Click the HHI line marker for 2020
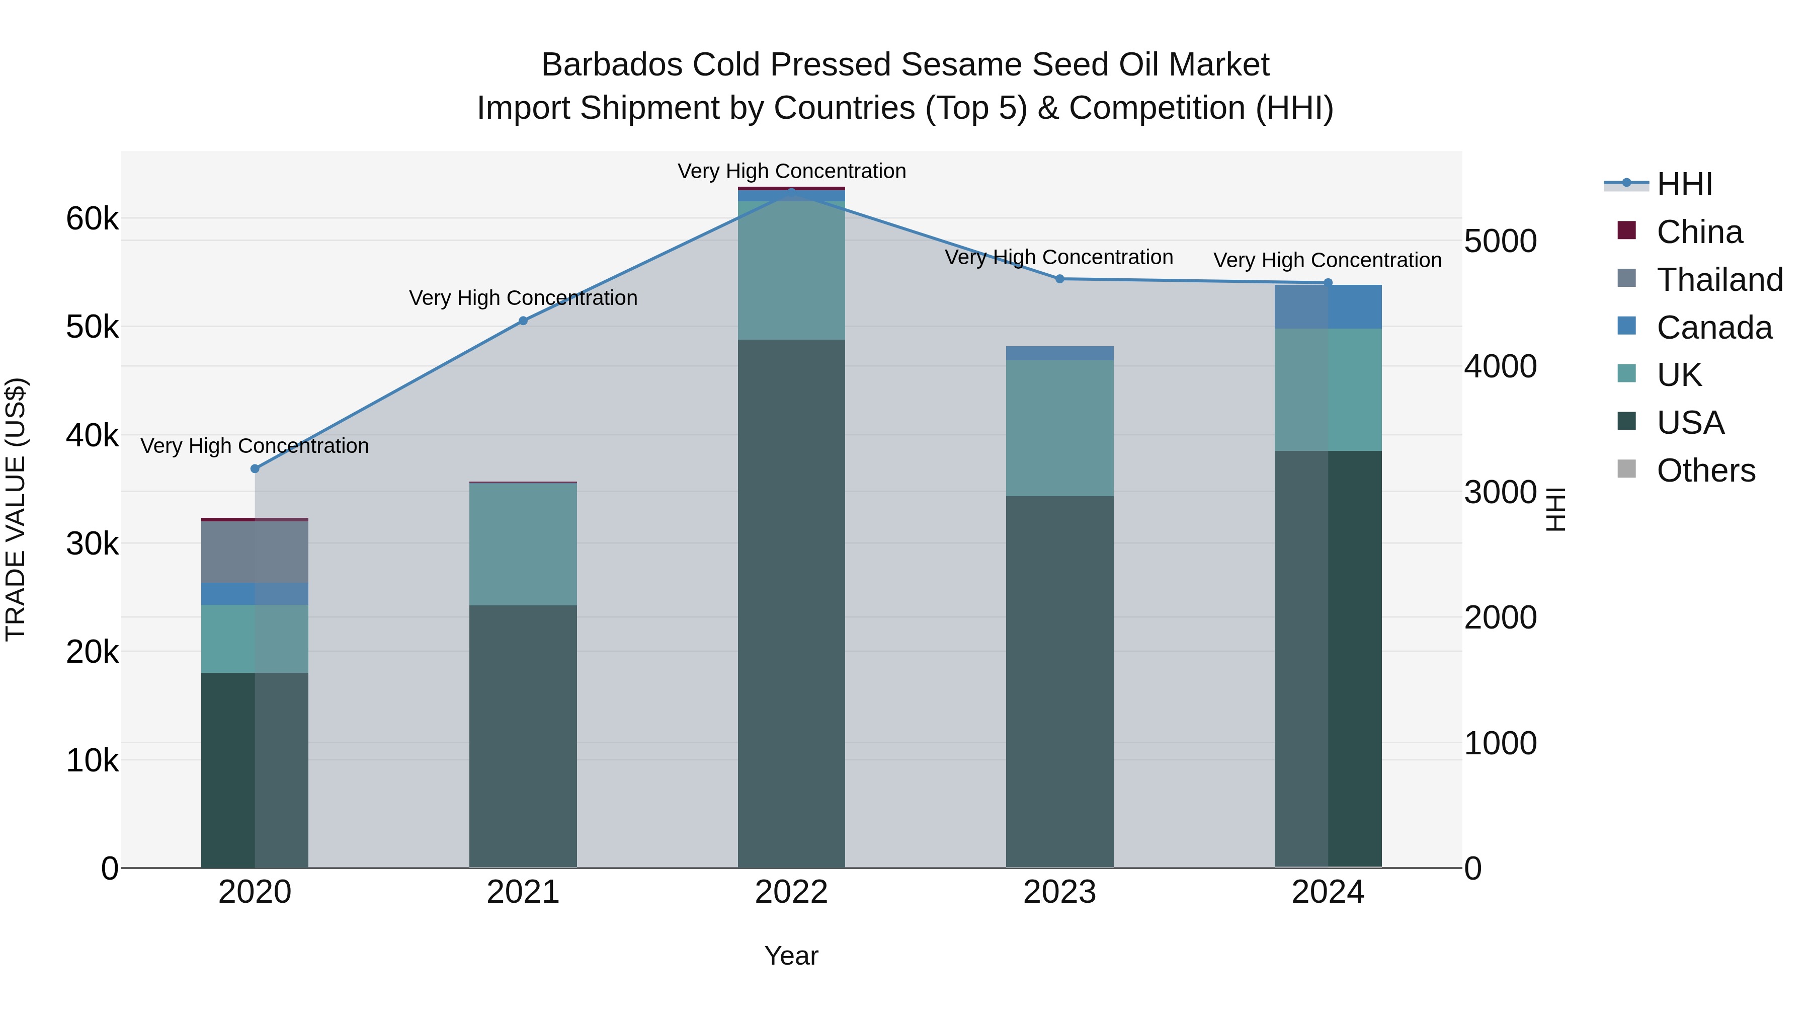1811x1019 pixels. click(255, 468)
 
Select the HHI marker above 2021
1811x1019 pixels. click(523, 321)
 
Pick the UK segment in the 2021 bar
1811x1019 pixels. click(523, 544)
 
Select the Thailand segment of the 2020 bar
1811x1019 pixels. click(255, 552)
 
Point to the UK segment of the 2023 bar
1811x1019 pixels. click(1060, 428)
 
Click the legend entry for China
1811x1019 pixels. click(1699, 232)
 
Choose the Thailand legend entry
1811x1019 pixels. click(1719, 280)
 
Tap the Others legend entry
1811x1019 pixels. click(1705, 471)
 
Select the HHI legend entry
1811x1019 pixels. click(1684, 184)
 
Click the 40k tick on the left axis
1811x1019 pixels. click(92, 435)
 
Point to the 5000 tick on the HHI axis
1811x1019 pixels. click(1500, 241)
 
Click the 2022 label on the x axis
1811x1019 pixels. click(791, 892)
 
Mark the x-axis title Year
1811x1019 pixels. click(791, 956)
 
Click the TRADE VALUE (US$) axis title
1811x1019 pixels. click(16, 509)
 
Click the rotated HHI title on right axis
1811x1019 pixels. click(1556, 509)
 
